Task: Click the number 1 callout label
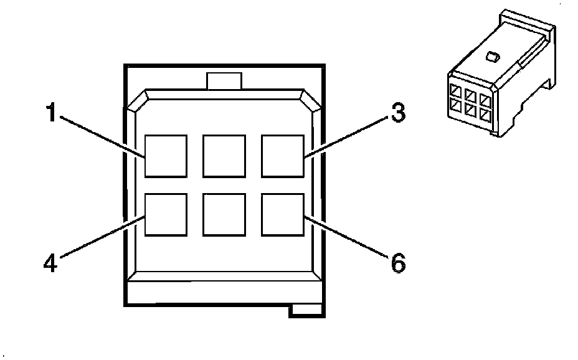pyautogui.click(x=52, y=115)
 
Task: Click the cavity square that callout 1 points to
pyautogui.click(x=166, y=156)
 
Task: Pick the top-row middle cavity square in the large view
pyautogui.click(x=224, y=156)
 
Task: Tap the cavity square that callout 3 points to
pyautogui.click(x=282, y=156)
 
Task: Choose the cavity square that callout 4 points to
pyautogui.click(x=166, y=215)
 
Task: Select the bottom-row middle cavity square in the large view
pyautogui.click(x=224, y=215)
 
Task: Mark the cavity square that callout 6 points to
pyautogui.click(x=282, y=215)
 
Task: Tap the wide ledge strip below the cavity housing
pyautogui.click(x=224, y=291)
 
